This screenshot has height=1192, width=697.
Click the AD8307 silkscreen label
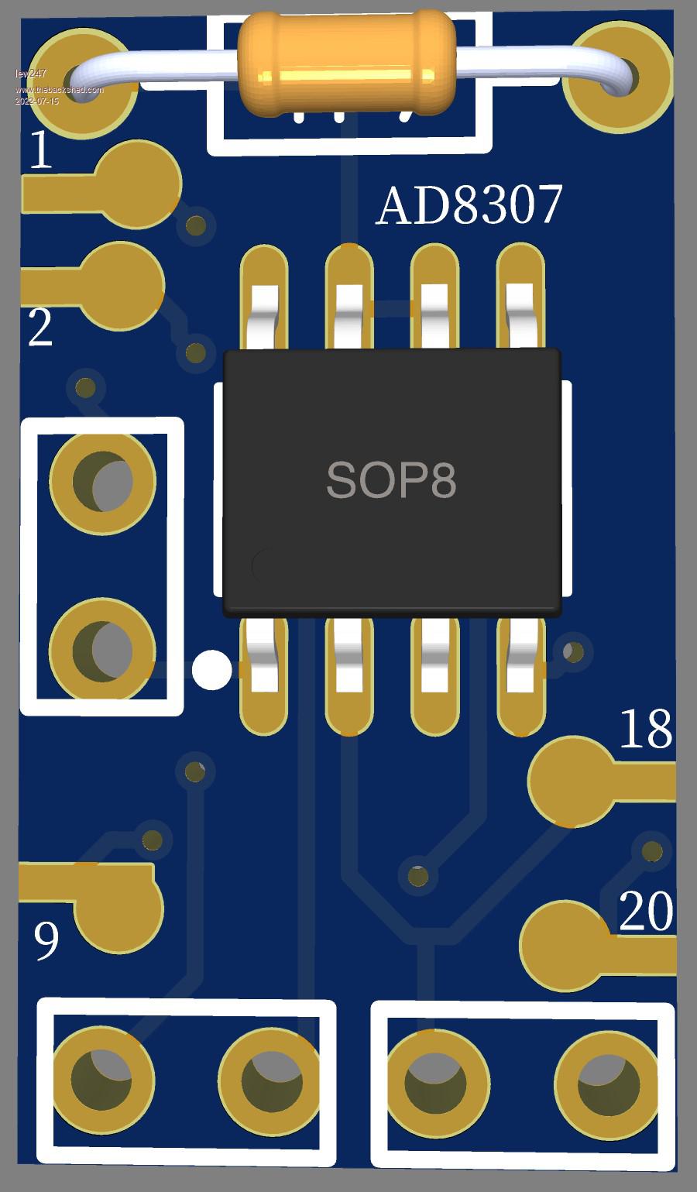469,206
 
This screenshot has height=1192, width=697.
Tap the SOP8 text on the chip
391,480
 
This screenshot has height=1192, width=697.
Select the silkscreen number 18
646,729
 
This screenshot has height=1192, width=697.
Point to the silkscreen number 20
646,912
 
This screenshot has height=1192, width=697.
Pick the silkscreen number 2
40,327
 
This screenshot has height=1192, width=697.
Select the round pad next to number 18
573,781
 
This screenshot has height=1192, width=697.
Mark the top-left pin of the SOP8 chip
264,298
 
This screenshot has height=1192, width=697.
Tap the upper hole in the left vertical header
103,481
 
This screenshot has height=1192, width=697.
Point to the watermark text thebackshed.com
59,91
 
